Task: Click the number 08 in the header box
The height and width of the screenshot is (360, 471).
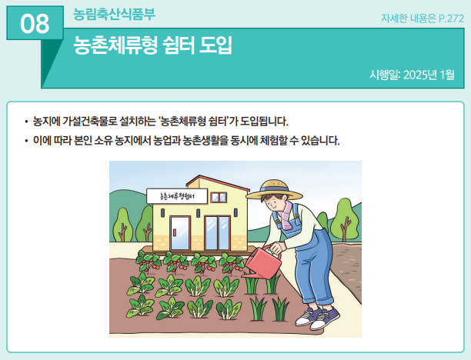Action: point(35,24)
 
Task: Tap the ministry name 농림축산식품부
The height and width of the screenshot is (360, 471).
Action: point(114,14)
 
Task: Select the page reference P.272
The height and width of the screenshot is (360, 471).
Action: point(451,18)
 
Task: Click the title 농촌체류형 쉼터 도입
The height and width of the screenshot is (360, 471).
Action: point(153,45)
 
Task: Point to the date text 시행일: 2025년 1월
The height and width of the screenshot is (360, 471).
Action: point(412,75)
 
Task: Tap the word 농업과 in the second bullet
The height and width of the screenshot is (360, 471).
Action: point(166,140)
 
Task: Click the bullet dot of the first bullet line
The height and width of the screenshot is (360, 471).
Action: point(26,122)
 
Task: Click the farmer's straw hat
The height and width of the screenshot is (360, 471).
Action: point(274,190)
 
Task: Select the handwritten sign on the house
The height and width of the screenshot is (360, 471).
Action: point(177,196)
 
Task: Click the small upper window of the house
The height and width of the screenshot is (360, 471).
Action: point(219,197)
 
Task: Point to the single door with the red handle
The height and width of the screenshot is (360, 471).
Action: point(180,233)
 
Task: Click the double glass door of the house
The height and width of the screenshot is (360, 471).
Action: point(218,233)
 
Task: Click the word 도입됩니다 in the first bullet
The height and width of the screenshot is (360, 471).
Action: point(264,122)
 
